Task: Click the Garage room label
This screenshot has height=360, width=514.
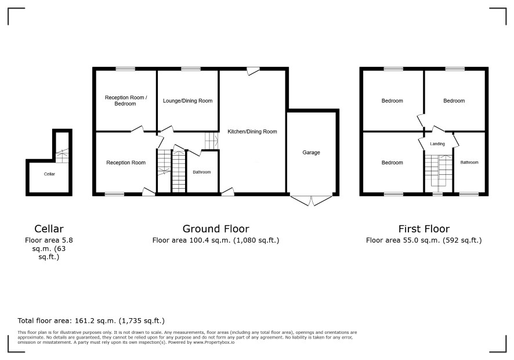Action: click(311, 152)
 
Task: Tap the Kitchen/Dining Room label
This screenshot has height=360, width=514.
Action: click(252, 132)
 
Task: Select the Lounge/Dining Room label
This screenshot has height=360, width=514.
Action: click(187, 101)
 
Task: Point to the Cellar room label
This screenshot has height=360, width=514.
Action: click(49, 174)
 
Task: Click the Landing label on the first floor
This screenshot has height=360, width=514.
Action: click(437, 144)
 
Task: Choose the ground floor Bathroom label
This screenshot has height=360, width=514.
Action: click(202, 172)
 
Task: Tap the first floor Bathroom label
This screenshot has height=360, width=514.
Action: click(469, 162)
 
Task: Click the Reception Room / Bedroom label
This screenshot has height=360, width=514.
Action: click(125, 100)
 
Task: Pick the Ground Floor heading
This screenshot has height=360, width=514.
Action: click(216, 229)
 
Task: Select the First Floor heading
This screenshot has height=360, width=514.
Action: click(424, 229)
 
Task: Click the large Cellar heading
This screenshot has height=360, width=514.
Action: click(49, 229)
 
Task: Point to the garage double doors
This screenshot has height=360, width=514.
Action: click(311, 200)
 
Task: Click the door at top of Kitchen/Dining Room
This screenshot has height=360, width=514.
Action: click(253, 71)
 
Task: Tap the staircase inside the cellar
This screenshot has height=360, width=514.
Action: click(62, 156)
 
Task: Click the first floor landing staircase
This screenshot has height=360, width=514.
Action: click(438, 172)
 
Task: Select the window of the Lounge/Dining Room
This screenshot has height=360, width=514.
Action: click(191, 69)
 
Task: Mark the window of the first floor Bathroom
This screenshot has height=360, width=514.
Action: click(469, 195)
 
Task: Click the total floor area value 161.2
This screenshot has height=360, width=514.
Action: click(85, 321)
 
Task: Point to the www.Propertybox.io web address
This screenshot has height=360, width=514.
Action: click(213, 342)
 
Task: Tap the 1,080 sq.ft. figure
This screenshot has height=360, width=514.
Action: click(256, 240)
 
